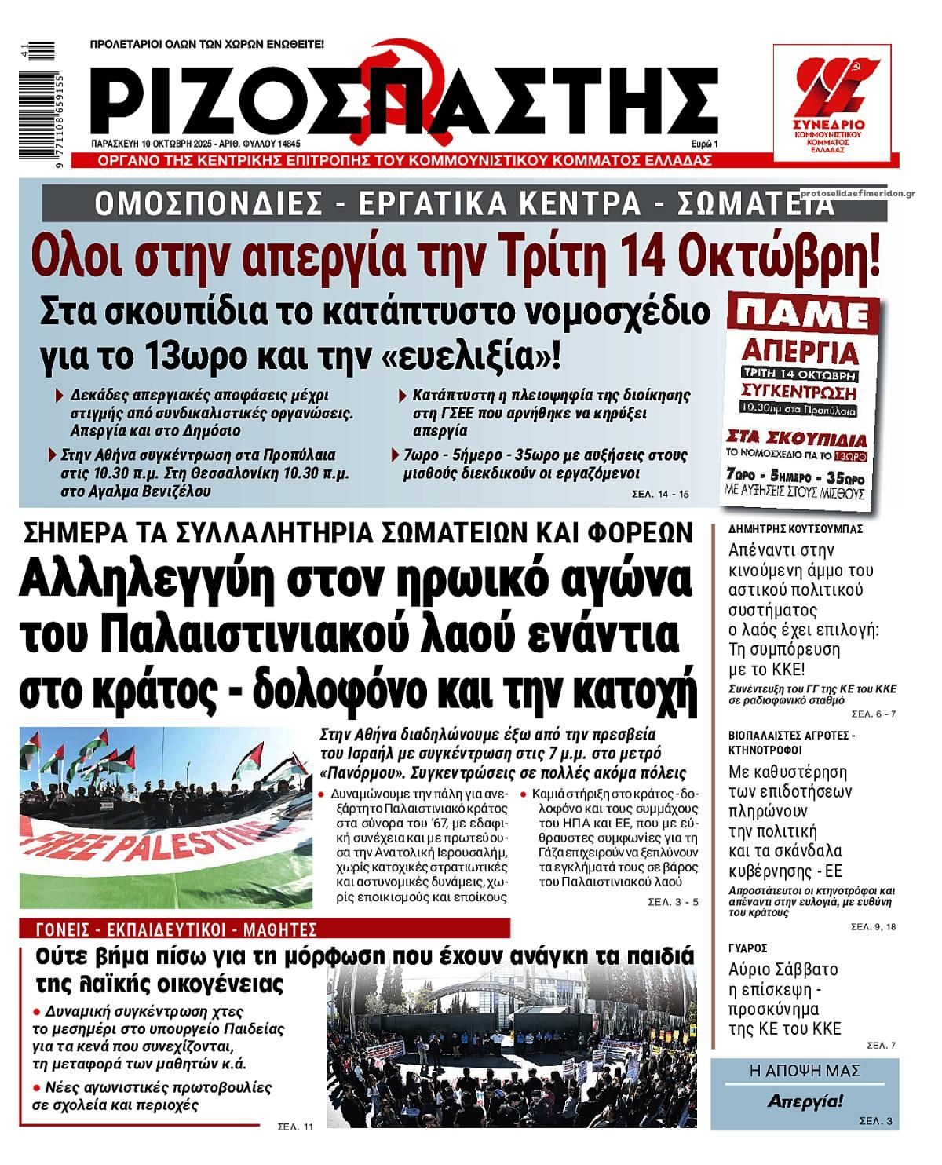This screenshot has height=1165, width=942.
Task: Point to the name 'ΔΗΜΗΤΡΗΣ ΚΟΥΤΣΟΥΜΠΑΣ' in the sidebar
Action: [795, 528]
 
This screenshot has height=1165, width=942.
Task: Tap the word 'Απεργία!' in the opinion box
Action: [805, 1101]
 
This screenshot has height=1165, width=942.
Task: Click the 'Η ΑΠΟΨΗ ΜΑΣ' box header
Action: [805, 1071]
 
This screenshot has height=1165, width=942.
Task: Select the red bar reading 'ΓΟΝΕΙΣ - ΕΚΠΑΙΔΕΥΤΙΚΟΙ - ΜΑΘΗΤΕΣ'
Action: [177, 930]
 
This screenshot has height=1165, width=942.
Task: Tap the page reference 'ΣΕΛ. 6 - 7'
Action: [873, 714]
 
